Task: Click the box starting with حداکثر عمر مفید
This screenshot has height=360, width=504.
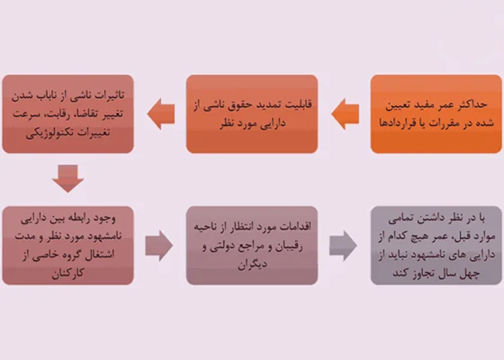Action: point(436,114)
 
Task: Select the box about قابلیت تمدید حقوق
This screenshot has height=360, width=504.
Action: point(252,114)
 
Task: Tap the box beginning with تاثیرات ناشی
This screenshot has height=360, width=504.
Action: point(68,114)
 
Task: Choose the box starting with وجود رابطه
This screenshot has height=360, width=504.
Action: point(68,245)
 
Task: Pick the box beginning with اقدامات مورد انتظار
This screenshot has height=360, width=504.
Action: point(252,245)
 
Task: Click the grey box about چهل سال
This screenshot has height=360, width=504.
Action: point(436,245)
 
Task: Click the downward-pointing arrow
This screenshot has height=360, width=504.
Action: point(68,178)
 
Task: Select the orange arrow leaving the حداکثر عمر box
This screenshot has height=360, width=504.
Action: point(345,114)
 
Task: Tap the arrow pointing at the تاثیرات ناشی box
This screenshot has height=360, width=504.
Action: point(161,114)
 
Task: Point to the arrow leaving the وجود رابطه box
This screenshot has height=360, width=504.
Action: point(159,245)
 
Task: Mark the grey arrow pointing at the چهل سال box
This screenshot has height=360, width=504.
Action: point(343,245)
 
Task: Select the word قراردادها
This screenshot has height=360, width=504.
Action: point(396,123)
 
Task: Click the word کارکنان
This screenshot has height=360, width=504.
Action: point(68,273)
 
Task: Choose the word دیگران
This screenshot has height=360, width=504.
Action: point(253,264)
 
